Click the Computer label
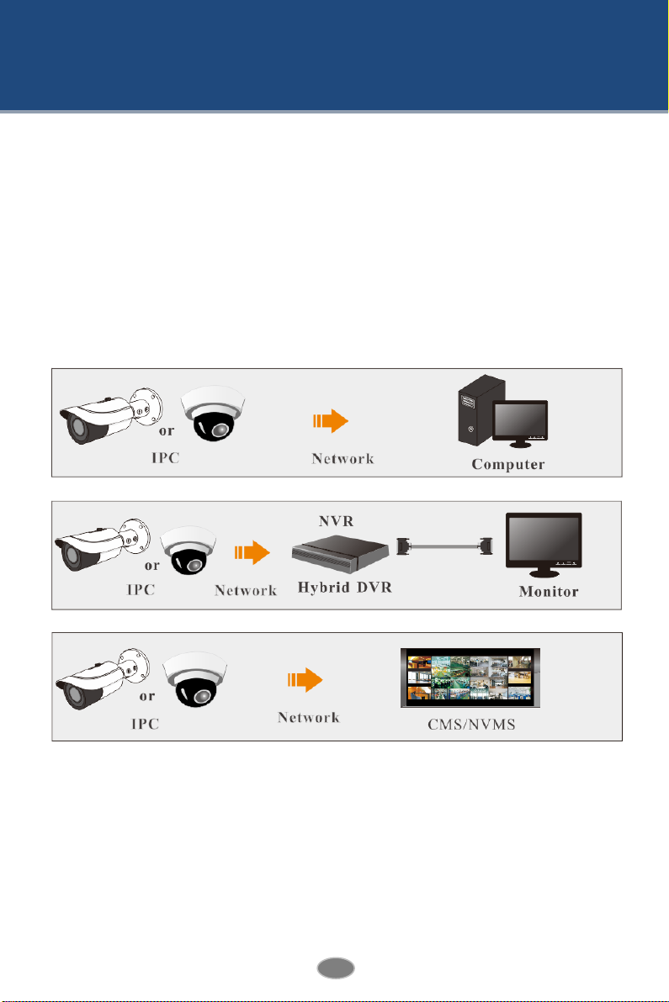point(507,463)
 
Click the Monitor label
point(548,592)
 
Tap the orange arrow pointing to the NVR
point(252,552)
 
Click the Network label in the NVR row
point(246,590)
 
